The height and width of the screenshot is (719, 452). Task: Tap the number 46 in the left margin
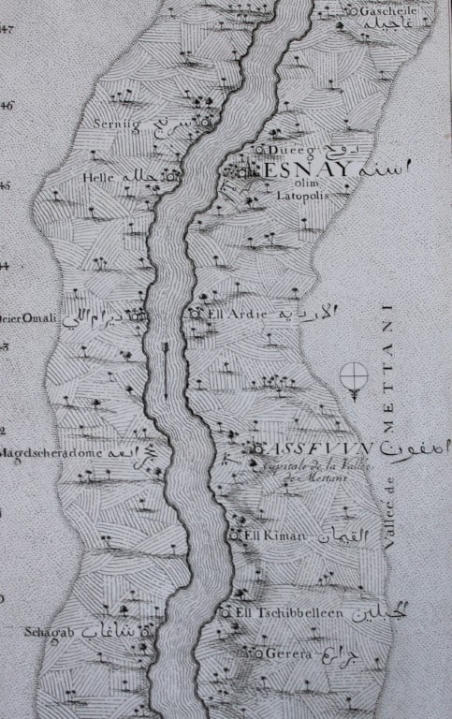point(6,106)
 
